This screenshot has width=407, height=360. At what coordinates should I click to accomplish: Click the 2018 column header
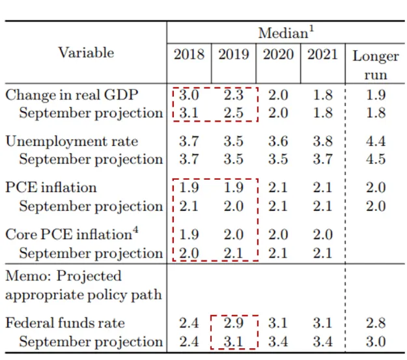pos(189,54)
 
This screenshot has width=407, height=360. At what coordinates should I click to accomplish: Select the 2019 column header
pos(234,54)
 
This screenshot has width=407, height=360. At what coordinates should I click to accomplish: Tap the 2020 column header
pos(278,54)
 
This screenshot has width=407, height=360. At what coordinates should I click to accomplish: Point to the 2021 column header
pos(322,54)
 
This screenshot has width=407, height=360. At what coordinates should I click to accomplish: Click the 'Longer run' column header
pos(376,64)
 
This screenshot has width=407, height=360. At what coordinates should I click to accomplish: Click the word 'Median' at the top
pos(283,33)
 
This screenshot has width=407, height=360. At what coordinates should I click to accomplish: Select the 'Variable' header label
pos(86,53)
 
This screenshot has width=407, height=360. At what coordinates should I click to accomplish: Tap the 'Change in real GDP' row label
pos(72,95)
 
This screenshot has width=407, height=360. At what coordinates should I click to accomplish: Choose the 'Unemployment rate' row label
pos(72,141)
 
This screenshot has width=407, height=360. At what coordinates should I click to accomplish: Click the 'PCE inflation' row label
pos(51,188)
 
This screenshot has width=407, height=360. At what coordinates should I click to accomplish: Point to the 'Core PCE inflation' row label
pos(68,234)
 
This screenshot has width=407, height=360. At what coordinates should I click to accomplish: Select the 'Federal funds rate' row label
pos(65,323)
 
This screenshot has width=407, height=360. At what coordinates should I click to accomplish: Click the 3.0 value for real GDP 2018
pos(189,95)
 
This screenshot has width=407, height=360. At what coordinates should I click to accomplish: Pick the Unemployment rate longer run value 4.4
pos(376,141)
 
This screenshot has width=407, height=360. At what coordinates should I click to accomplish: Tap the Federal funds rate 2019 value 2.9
pos(234,323)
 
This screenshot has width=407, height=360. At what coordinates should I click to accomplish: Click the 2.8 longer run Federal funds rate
pos(376,323)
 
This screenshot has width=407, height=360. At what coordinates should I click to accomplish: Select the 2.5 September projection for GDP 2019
pos(234,113)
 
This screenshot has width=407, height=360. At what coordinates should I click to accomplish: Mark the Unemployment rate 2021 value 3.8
pos(322,141)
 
